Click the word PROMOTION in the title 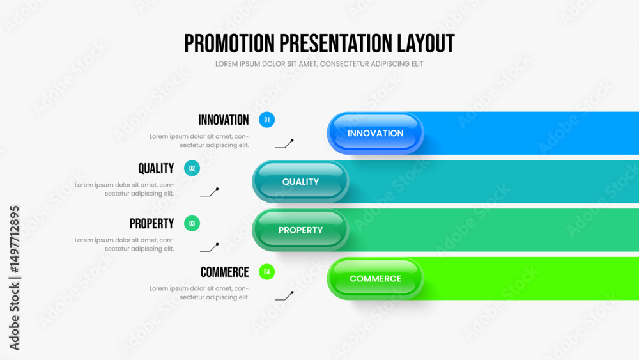tap(229, 43)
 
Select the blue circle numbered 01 tap(267, 120)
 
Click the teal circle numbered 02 tap(192, 168)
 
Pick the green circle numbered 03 tap(192, 223)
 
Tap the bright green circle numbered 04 tap(267, 272)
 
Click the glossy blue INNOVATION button tap(375, 133)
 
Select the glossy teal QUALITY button tap(300, 182)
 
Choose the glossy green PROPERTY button tap(300, 230)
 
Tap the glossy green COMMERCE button tap(375, 279)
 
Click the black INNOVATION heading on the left tap(223, 120)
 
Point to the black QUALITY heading tap(156, 168)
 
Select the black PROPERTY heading tap(151, 223)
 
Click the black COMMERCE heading tap(224, 272)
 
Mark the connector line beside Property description tap(210, 248)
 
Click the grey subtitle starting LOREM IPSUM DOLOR tap(319, 64)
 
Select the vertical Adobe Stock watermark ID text tap(14, 278)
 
